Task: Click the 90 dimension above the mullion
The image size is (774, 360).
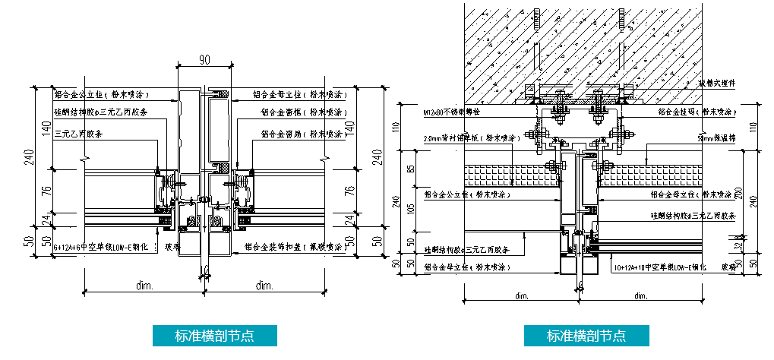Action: click(x=204, y=59)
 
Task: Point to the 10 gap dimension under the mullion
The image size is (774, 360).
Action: click(x=205, y=267)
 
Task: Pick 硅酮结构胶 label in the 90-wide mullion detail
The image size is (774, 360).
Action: click(x=100, y=112)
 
